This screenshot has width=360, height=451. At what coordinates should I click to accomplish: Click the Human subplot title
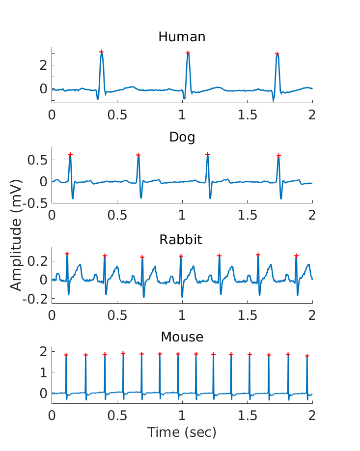point(182,37)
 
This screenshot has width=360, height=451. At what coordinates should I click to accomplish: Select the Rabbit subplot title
point(182,240)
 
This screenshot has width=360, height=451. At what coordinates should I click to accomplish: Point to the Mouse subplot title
point(182,337)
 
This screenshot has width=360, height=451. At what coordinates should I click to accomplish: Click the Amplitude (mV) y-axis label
point(16,252)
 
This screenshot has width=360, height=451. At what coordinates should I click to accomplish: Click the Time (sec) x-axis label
point(182,432)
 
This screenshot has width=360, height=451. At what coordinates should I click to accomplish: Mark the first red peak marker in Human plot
point(101,52)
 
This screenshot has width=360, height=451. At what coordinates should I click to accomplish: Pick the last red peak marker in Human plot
point(277,54)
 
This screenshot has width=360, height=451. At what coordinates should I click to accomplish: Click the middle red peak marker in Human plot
point(188,53)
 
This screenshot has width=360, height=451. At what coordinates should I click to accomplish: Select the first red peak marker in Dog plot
point(70,154)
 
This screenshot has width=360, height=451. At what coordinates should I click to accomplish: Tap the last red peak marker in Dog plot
point(278,156)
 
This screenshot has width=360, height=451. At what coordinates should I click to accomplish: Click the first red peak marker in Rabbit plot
point(67,254)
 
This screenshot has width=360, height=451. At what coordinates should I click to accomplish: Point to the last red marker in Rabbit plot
point(296,255)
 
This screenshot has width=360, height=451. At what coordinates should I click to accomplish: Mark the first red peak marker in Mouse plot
point(66,355)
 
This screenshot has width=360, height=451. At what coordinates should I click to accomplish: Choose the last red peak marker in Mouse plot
point(307,356)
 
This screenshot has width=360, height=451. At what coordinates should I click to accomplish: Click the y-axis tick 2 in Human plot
point(43,65)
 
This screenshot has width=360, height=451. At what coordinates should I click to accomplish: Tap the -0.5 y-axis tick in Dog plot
point(37,202)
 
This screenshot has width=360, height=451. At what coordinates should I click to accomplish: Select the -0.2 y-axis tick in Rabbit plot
point(37,299)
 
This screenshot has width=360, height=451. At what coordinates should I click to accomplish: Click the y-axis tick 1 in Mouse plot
point(43,372)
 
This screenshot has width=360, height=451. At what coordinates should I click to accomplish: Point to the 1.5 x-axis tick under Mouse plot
point(248,415)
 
